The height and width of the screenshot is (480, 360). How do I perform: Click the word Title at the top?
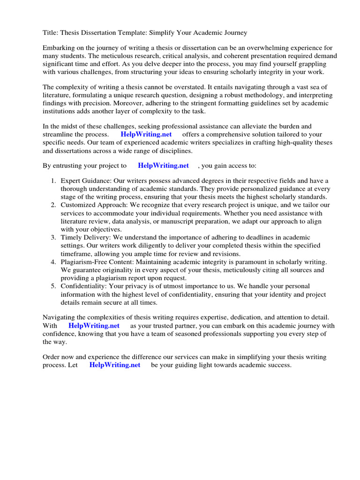[x=51, y=33]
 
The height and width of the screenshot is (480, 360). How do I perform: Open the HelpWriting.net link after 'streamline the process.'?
[x=150, y=134]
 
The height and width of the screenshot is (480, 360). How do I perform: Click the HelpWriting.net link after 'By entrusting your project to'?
[x=163, y=165]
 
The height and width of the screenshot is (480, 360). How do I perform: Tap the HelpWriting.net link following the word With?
[x=94, y=325]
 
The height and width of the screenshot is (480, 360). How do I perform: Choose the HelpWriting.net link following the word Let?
[x=114, y=365]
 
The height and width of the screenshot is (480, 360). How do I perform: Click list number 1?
[x=53, y=181]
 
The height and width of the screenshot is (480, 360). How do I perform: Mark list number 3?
[x=53, y=238]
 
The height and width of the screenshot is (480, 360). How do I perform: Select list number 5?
[x=53, y=286]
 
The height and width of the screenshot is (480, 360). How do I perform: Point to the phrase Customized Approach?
[x=91, y=205]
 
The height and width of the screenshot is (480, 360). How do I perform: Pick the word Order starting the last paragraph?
[x=52, y=357]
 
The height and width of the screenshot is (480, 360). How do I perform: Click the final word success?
[x=278, y=365]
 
